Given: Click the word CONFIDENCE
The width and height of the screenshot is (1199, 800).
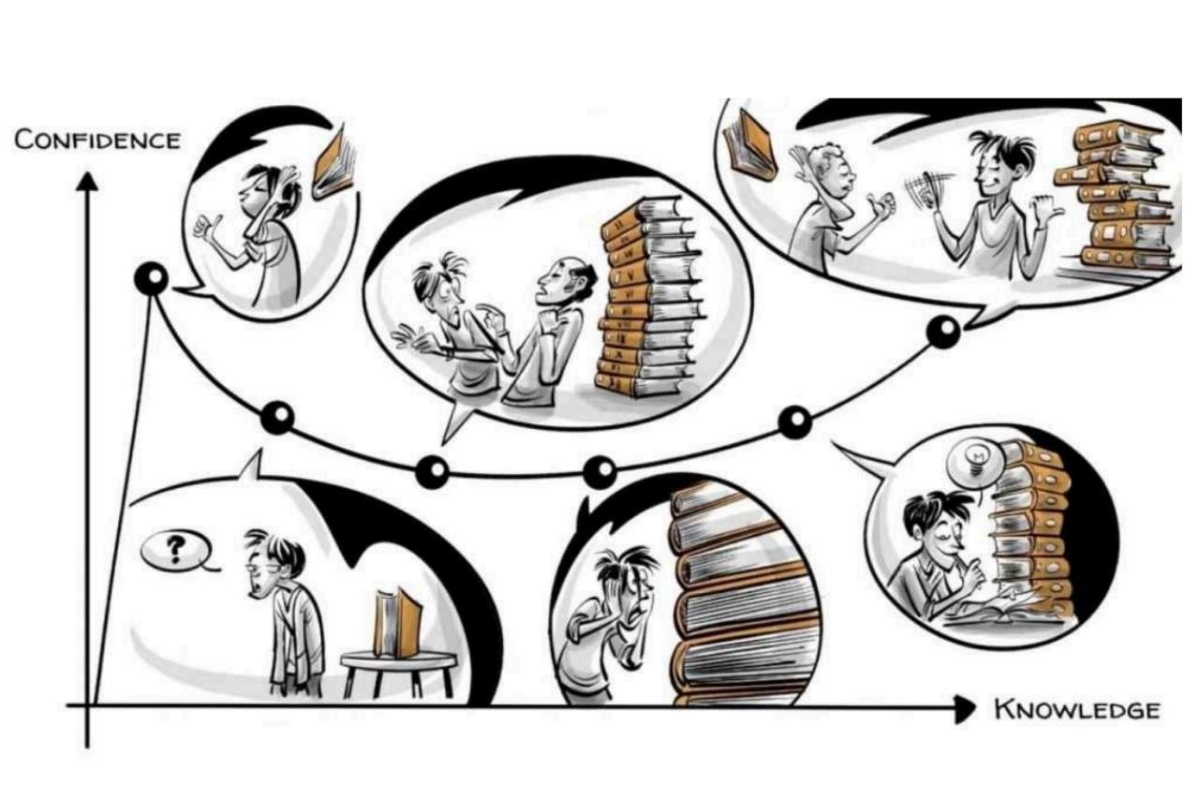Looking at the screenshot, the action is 97,141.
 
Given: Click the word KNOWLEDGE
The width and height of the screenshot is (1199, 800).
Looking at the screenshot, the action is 1077,710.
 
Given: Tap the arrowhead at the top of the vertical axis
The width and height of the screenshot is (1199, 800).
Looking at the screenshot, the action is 87,182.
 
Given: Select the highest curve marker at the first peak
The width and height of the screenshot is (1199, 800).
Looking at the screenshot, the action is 152,279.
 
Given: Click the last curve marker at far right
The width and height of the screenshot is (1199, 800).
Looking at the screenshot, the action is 943,332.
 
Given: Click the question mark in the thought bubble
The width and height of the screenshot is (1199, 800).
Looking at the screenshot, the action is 174,549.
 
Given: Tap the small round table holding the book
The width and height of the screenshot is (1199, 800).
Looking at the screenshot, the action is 399,674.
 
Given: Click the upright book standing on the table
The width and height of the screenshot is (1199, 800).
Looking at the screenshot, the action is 397,623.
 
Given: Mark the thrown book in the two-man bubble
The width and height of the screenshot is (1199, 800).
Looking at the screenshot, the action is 749,144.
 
